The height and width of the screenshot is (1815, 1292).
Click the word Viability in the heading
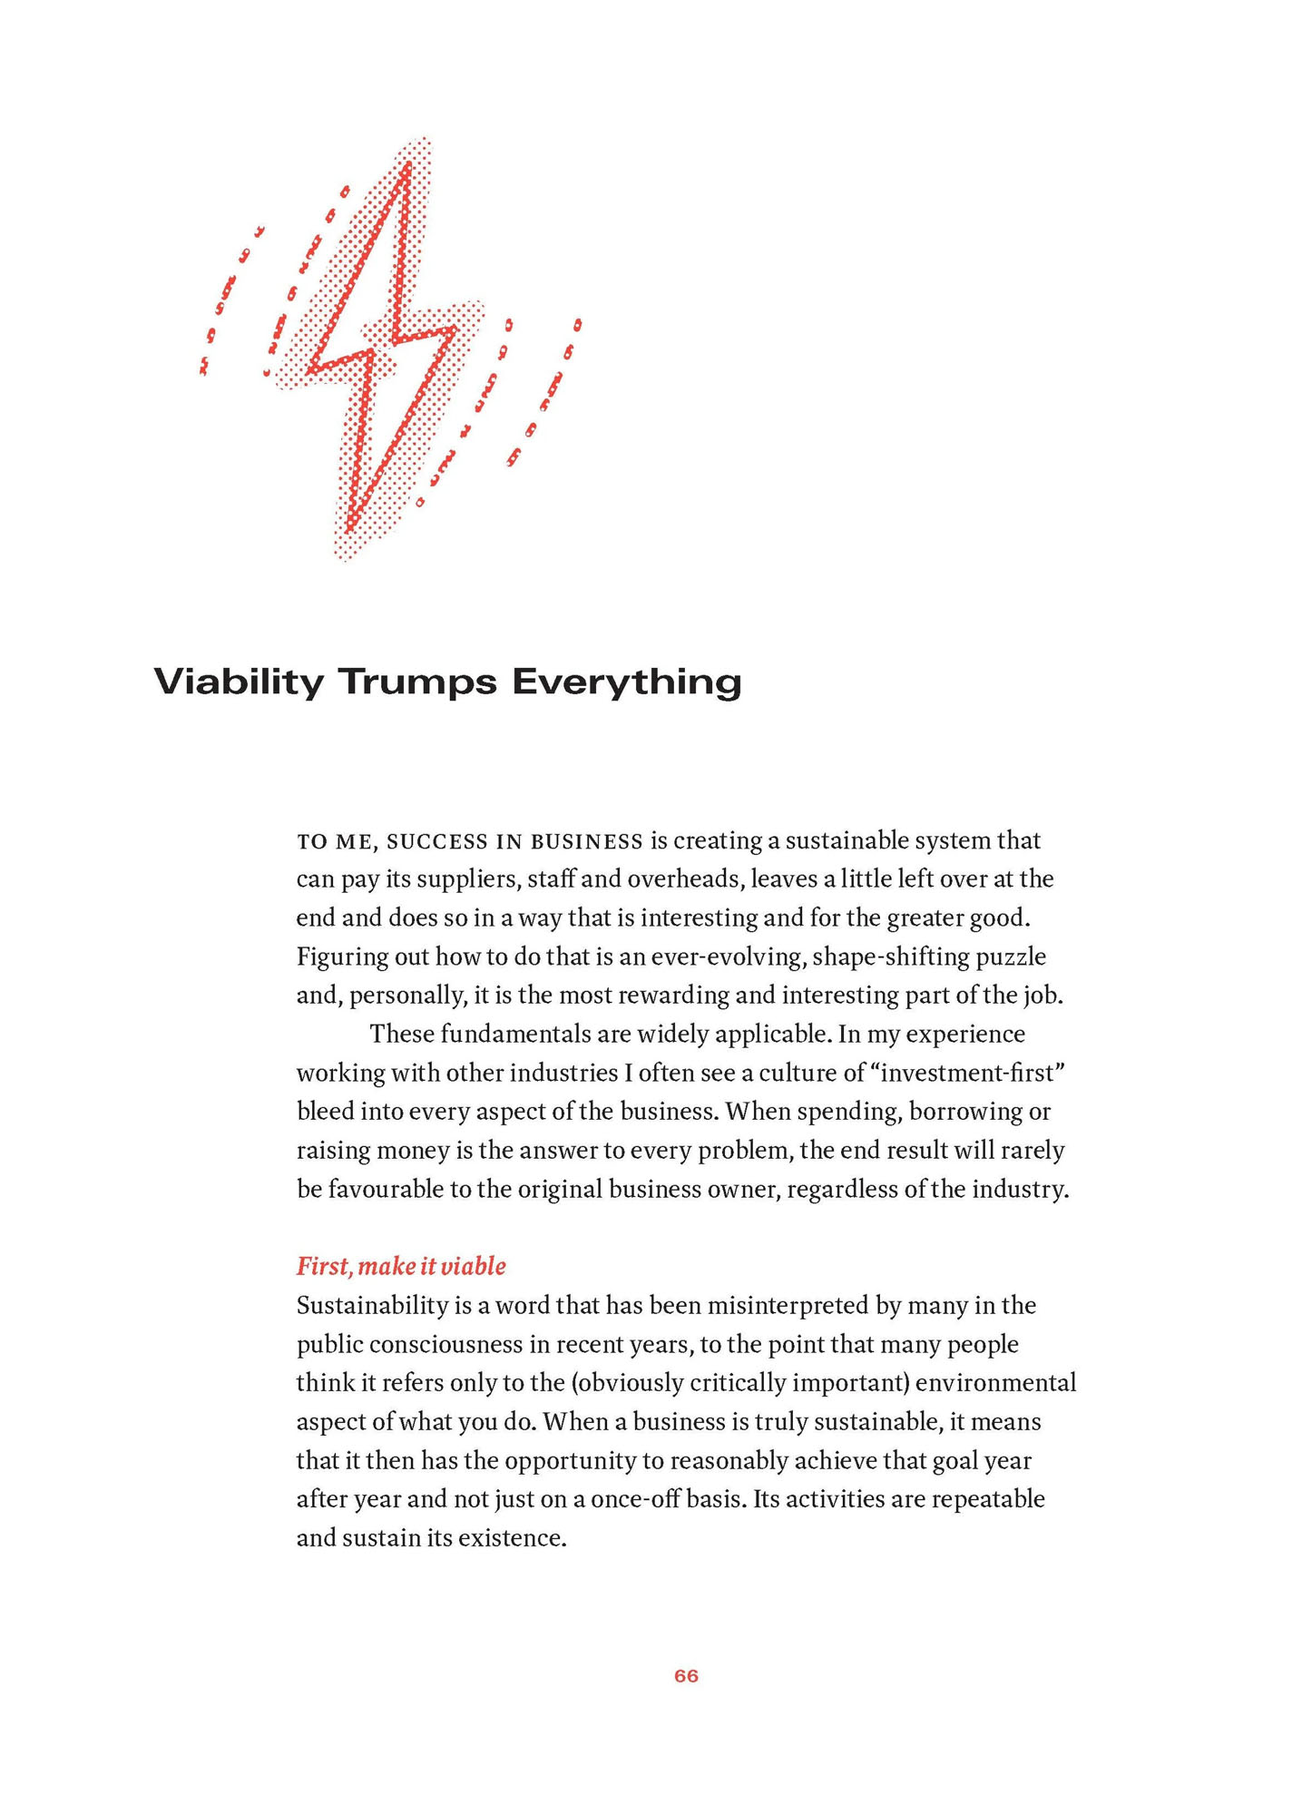(238, 682)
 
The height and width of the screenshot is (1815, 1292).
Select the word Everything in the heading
(626, 682)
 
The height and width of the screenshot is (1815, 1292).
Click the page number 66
(686, 1676)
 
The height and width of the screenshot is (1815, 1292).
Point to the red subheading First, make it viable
(401, 1266)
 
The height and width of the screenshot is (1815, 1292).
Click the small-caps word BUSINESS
(586, 842)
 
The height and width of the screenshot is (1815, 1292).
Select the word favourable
(386, 1189)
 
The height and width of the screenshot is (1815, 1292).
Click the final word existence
(514, 1538)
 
